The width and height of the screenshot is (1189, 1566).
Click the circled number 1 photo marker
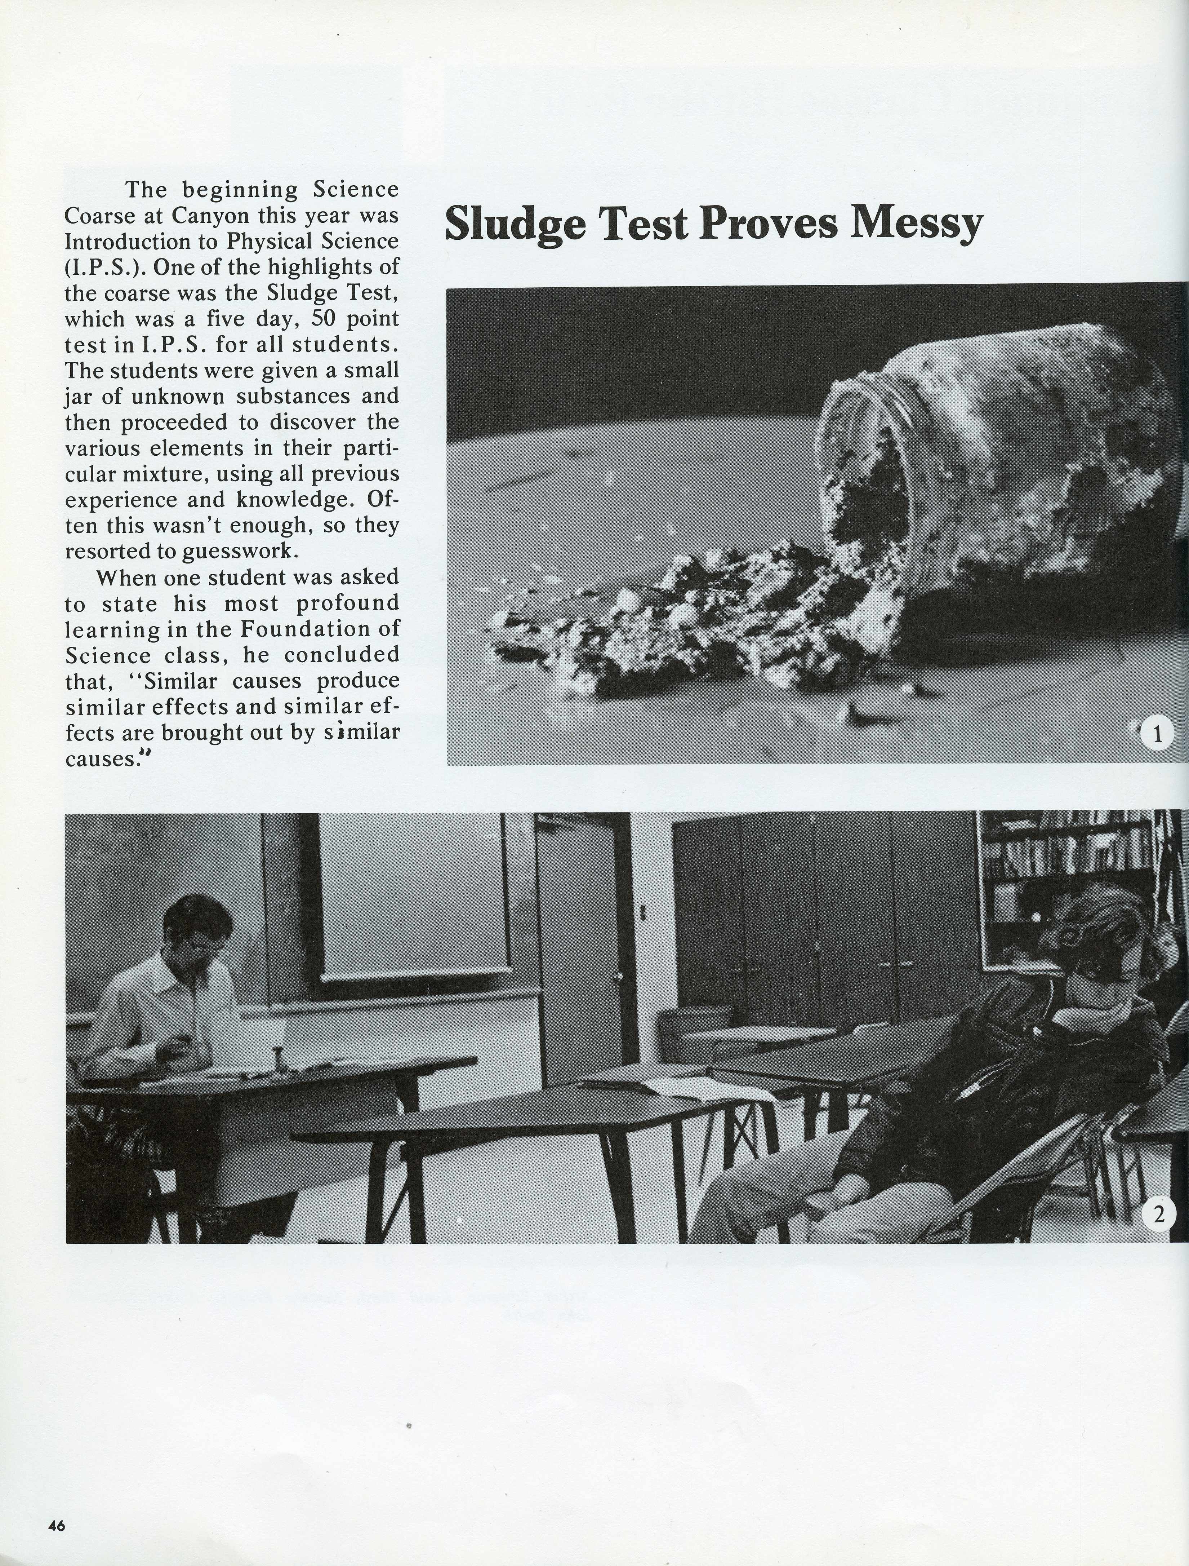[x=1157, y=734]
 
